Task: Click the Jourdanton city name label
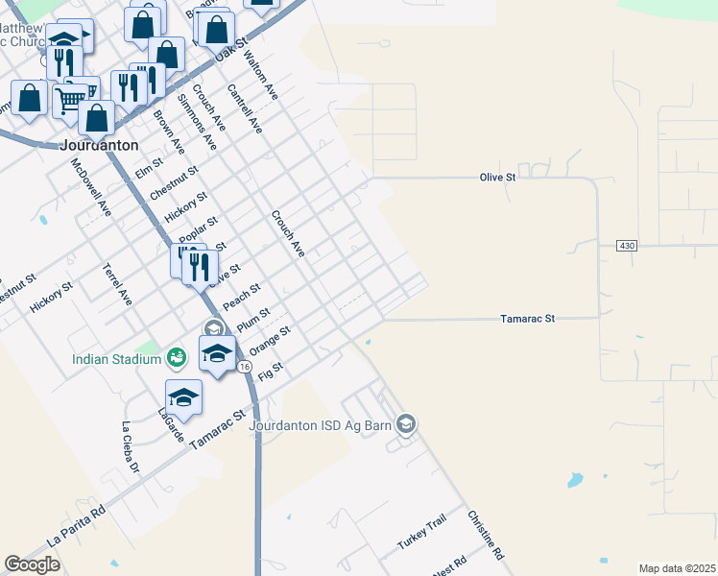99,145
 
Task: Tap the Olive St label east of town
498,178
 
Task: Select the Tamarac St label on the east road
529,318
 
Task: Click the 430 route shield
628,246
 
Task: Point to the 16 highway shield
245,367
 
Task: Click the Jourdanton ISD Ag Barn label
323,424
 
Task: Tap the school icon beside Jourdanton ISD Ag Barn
406,424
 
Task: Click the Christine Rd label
486,536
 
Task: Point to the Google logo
33,564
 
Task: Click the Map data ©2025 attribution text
677,568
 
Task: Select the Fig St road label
272,371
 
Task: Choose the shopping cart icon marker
71,98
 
